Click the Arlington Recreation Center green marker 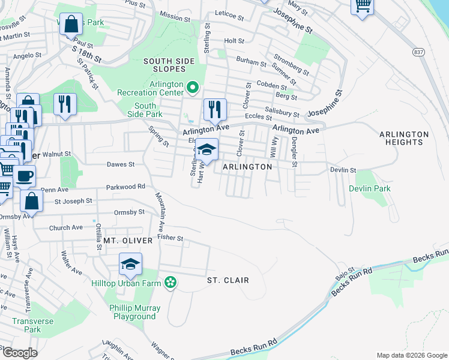193,88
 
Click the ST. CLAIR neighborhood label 228,280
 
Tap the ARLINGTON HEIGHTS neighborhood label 404,138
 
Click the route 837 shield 418,53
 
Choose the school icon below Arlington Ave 206,149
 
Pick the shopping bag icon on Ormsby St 32,200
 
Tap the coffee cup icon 25,176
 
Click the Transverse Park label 26,325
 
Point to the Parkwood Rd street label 126,187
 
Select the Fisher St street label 170,238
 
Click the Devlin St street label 343,170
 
